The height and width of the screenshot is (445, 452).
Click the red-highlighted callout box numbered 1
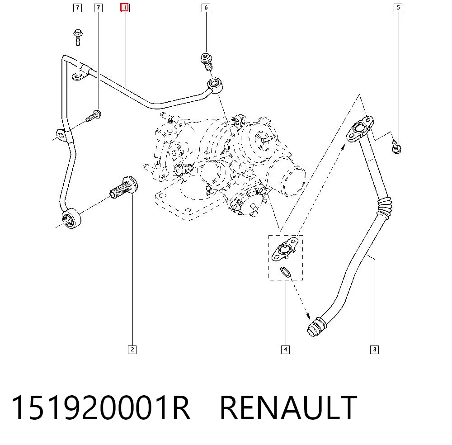point(125,8)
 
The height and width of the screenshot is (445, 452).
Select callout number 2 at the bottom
point(132,350)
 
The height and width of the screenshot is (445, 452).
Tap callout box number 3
point(374,350)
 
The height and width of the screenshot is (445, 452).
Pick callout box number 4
point(285,350)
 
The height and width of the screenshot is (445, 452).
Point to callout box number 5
point(398,8)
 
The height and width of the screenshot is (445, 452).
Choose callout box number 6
point(206,8)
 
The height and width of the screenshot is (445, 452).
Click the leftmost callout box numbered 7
point(78,8)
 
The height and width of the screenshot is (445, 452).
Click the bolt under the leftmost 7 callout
point(78,37)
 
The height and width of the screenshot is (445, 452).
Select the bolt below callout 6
point(207,61)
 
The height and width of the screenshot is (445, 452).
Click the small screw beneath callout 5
point(396,147)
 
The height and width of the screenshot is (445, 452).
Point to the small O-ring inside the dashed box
point(285,272)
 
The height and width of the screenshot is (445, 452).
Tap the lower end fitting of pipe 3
point(316,327)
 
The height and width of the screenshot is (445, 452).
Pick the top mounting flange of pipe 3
point(360,128)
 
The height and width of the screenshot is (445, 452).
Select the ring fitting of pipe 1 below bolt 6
point(215,85)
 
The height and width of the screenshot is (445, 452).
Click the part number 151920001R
point(101,407)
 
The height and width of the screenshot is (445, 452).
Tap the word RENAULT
point(288,407)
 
